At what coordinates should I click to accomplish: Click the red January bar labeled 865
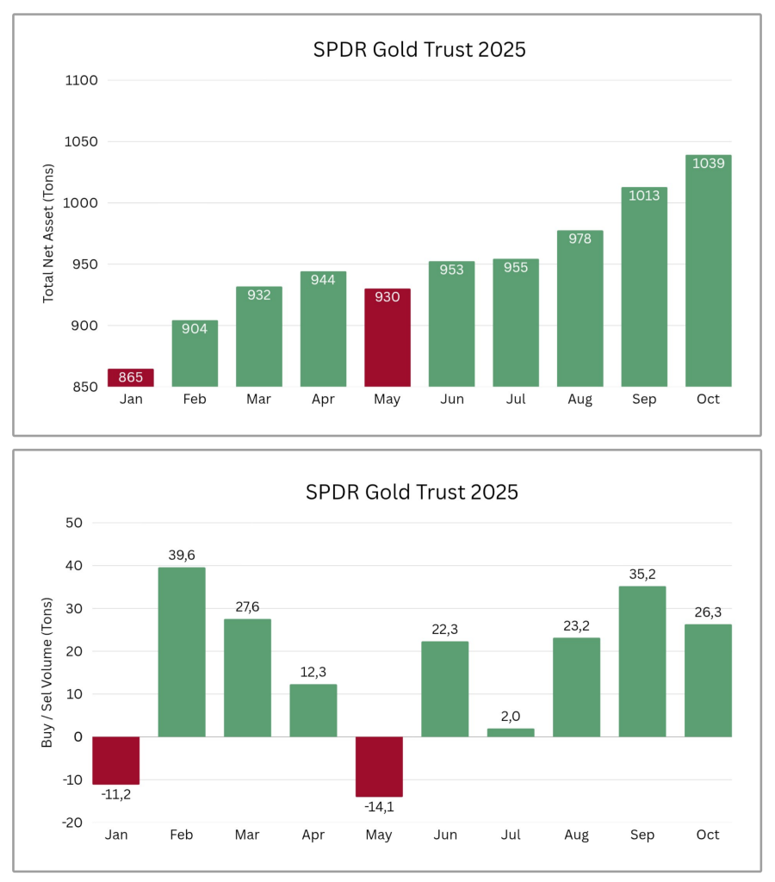point(130,377)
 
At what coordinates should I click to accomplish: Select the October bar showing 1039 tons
point(708,271)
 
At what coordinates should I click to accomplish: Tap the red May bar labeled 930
point(387,338)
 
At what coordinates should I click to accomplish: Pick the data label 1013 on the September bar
point(644,196)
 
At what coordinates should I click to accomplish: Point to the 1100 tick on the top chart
point(81,80)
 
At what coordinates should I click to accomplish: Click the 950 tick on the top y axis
point(84,264)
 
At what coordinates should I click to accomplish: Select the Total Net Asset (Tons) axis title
point(48,233)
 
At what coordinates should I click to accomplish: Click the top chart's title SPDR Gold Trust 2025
point(418,49)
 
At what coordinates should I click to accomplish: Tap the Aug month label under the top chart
point(580,400)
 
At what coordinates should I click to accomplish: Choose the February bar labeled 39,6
point(182,652)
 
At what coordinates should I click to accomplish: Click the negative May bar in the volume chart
point(379,767)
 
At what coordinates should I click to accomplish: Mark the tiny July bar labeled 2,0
point(511,732)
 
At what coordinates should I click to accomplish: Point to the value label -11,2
point(115,794)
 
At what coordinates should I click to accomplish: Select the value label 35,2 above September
point(642,574)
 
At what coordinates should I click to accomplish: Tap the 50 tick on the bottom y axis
point(73,523)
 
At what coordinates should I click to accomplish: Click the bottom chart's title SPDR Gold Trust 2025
point(412,492)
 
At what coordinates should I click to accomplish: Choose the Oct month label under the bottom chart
point(708,835)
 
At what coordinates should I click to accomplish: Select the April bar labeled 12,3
point(313,711)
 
